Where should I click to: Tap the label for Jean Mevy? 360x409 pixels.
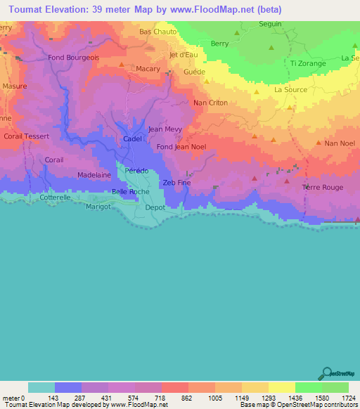click(165, 129)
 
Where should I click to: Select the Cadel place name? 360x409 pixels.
click(132, 139)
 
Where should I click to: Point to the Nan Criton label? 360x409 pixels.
click(210, 103)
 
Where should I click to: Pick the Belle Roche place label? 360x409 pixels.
click(131, 191)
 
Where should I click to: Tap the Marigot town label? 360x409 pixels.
click(99, 207)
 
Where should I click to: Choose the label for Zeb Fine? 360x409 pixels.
click(176, 183)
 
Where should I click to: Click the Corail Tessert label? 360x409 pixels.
click(26, 136)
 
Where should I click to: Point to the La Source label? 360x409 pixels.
click(290, 90)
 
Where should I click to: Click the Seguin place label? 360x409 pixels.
click(270, 23)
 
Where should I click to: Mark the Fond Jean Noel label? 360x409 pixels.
click(181, 147)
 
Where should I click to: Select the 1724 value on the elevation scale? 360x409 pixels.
click(348, 397)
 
